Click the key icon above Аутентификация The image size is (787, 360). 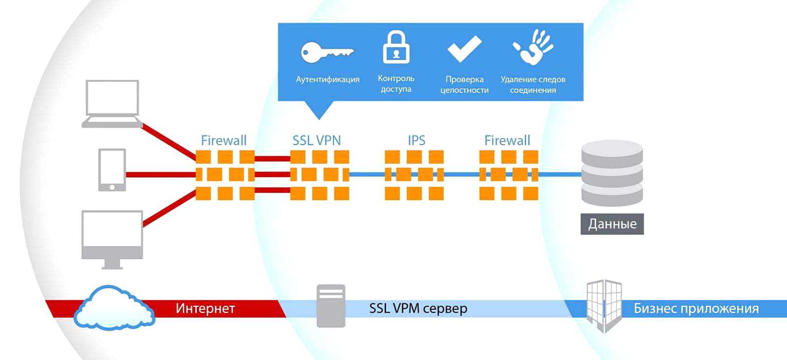pos(327,52)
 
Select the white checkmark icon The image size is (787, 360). pos(464,49)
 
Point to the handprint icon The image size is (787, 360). pos(534,47)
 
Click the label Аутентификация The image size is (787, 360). pos(328,79)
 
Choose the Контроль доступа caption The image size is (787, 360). pos(396,84)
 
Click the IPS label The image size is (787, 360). pos(416,140)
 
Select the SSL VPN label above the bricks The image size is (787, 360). pos(316,140)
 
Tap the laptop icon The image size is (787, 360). pos(112,104)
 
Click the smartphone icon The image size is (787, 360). pos(112,170)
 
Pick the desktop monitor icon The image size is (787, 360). pos(112,239)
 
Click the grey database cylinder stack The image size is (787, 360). pos(612,173)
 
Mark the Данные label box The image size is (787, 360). pos(612,224)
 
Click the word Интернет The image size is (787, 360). pos(205,308)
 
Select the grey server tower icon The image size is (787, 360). pos(331,306)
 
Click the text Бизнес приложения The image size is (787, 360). pos(696,308)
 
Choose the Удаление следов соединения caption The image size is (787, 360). pos(533,84)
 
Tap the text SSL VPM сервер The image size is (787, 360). pos(418,308)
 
